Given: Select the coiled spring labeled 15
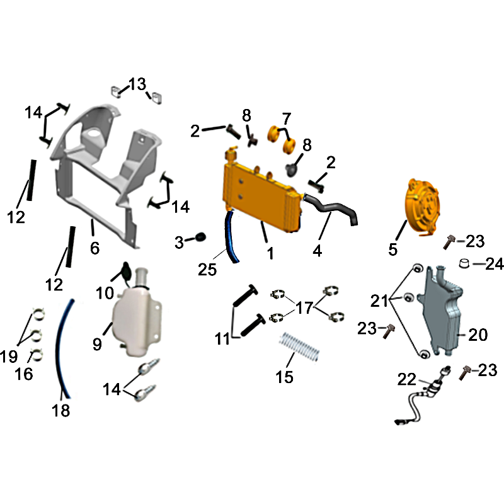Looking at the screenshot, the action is point(299,346).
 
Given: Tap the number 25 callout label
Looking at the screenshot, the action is point(207,270).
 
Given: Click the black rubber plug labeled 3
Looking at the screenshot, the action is point(200,237).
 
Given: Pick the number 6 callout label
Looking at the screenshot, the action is point(94,248).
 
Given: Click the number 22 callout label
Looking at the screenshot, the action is point(406,379).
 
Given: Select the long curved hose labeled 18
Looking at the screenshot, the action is point(63,349).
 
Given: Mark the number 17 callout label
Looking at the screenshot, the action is point(304,307).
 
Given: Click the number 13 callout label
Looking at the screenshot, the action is point(137,84).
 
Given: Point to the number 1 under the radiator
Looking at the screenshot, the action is point(271,253).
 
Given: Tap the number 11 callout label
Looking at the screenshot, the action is point(222,339).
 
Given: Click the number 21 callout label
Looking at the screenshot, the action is point(379,301).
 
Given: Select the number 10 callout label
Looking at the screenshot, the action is point(105,293).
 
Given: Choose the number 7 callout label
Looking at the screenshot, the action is point(287,118).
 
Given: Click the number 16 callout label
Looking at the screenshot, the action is point(24,374).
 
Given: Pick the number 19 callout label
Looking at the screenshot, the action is point(9,357).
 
